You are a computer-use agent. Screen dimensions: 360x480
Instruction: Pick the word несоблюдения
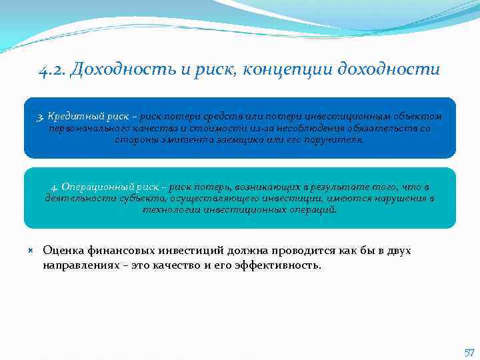pyautogui.click(x=310, y=129)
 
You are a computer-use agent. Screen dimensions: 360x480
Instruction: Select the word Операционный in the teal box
pyautogui.click(x=91, y=187)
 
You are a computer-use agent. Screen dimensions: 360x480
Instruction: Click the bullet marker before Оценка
pyautogui.click(x=31, y=251)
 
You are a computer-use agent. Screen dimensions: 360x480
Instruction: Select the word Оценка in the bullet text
pyautogui.click(x=61, y=251)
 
